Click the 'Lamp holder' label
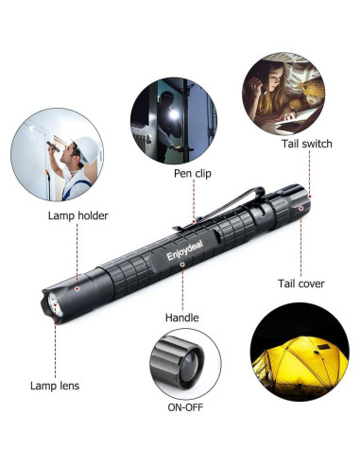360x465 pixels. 77,215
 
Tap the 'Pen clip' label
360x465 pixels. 194,174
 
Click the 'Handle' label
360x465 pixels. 181,318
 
